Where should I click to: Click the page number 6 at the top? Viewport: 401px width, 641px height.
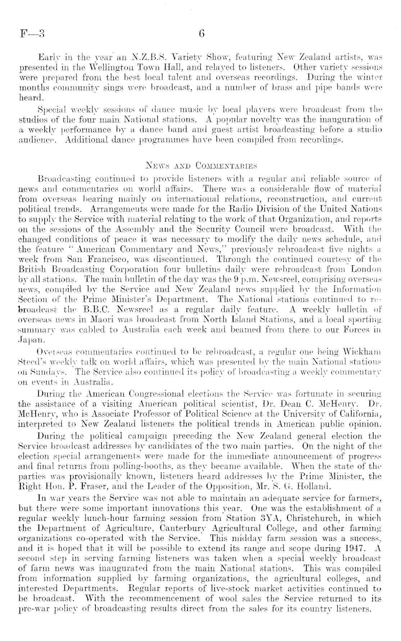tap(201, 34)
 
